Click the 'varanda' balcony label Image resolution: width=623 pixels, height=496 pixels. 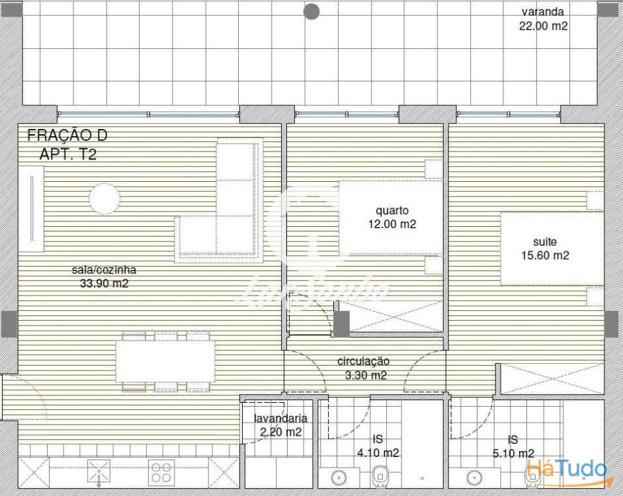coord(543,12)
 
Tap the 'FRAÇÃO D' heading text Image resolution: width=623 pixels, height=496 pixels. coord(67,135)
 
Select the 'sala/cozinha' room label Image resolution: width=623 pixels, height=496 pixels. coord(104,270)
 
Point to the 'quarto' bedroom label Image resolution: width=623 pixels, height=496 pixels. coord(392,211)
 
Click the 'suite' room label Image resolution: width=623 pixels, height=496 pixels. coord(545,241)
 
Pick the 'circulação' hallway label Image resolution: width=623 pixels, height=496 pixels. coord(363,361)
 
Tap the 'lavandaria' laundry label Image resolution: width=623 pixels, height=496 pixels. coord(280,418)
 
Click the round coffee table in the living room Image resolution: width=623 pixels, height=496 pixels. coord(104,198)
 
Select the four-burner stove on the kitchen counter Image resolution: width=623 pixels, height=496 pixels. coord(161,473)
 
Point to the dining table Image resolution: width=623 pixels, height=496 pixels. coord(166,361)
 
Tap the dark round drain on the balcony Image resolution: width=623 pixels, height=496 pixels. coord(312,11)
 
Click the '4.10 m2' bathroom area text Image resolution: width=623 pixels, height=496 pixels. coord(378,452)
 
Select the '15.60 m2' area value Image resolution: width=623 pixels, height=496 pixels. coord(545,255)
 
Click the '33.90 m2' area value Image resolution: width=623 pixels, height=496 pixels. coord(104,283)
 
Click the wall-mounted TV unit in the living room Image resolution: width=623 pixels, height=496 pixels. coord(31,209)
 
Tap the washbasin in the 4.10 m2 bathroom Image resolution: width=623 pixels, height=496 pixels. coord(339,477)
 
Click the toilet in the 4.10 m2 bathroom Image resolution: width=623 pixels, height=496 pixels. coord(381,477)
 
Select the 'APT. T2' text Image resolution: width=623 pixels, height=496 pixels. coord(68,154)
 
